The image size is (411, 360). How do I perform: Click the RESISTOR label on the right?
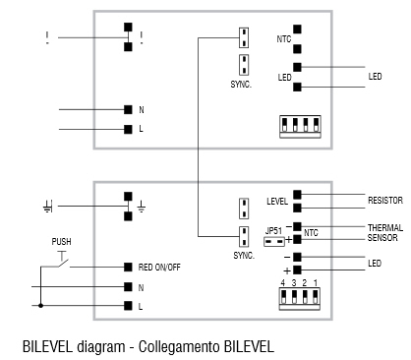385,199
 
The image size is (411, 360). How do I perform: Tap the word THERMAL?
384,227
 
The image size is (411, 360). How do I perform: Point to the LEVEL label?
276,202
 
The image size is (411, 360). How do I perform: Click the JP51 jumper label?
274,231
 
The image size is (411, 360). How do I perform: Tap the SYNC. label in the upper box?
242,85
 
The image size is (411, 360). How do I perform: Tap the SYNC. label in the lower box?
242,255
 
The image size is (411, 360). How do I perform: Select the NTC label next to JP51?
310,232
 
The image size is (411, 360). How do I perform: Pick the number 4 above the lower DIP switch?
282,283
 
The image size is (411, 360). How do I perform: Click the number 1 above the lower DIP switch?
315,283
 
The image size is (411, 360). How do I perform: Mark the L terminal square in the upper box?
128,129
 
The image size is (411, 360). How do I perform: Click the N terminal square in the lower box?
128,286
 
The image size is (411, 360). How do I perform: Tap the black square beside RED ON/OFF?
128,267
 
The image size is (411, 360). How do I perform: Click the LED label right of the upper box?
375,77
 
